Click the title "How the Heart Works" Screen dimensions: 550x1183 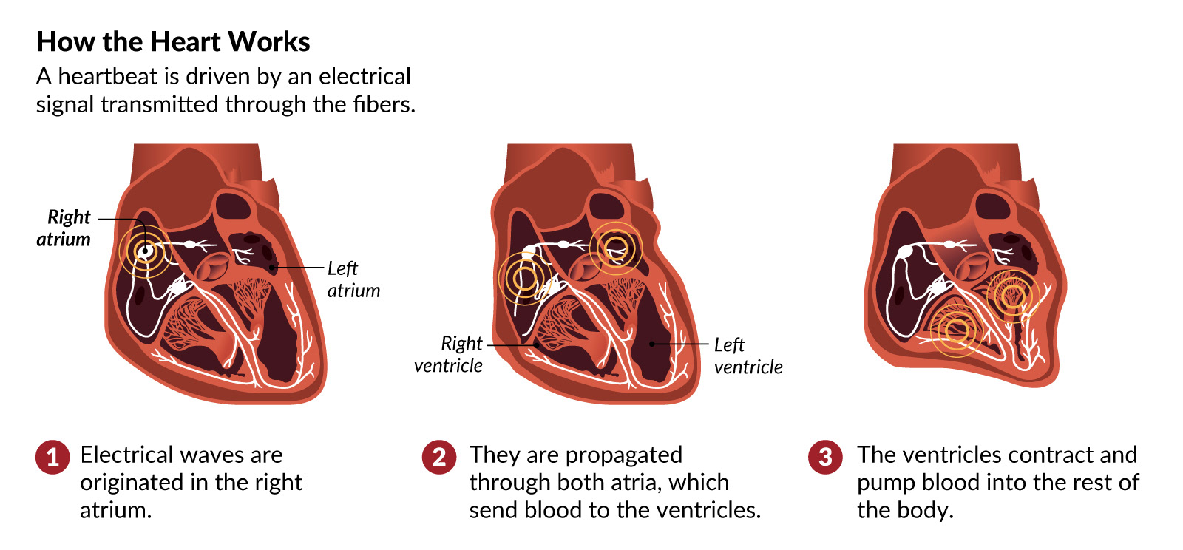173,42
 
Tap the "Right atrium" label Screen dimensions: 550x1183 65,228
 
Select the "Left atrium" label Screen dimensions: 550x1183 353,279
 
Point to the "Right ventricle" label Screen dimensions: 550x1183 449,354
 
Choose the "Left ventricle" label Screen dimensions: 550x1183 748,356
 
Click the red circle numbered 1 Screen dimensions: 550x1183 52,457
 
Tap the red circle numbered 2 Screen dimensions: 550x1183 439,457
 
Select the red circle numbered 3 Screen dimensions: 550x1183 825,457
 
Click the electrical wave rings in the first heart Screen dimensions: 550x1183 145,251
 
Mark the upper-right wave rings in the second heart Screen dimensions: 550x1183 616,247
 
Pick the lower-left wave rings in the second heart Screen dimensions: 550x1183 524,278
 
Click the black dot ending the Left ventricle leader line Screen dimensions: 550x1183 651,344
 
